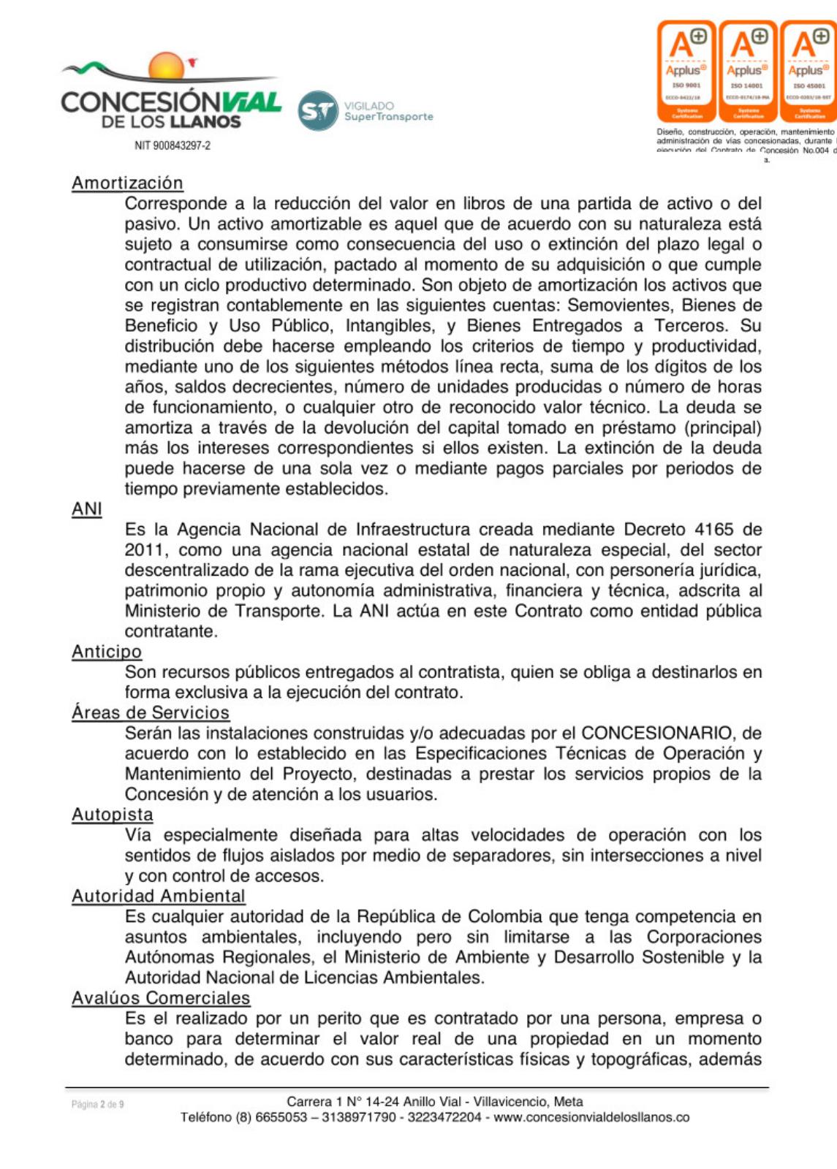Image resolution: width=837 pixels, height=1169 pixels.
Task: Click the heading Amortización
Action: (x=127, y=183)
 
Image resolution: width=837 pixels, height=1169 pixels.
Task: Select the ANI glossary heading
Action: (x=86, y=509)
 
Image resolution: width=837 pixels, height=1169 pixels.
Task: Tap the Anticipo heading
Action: (x=107, y=652)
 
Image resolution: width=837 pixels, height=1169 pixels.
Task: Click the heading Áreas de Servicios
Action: (x=151, y=713)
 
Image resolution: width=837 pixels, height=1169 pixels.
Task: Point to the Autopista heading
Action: (x=113, y=815)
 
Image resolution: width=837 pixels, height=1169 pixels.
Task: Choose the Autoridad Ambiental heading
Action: (x=159, y=896)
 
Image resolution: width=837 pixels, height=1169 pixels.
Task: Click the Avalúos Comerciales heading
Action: (x=161, y=998)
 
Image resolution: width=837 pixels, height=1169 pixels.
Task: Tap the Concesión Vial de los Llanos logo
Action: (x=171, y=94)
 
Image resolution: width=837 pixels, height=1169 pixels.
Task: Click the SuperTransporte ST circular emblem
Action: (x=318, y=111)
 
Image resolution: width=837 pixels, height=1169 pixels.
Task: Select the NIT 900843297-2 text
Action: (x=173, y=145)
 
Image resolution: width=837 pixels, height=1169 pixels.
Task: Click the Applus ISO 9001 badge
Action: (x=686, y=72)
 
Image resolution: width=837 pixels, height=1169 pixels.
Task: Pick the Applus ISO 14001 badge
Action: (x=748, y=72)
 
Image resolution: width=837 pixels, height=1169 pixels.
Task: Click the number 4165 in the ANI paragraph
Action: (x=714, y=530)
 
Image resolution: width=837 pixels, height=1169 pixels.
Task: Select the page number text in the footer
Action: (x=97, y=1104)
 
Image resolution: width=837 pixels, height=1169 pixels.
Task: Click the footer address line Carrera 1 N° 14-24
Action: (x=434, y=1102)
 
